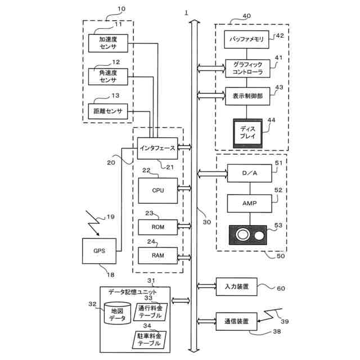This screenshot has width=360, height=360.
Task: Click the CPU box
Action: pos(158,191)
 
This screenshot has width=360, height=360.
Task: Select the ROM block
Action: pos(158,227)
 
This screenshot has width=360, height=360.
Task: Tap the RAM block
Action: pos(158,255)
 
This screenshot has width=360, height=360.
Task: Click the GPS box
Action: pos(99,251)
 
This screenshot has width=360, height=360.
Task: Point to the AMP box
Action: pos(250,204)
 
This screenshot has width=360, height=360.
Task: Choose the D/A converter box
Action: pos(250,173)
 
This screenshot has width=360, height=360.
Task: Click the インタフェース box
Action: pos(157,148)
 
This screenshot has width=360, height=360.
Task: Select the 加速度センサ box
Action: pos(108,43)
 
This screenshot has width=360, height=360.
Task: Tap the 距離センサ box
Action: pos(108,111)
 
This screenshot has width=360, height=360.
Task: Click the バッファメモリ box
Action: pos(246,39)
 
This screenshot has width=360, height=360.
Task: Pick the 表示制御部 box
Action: pos(247,96)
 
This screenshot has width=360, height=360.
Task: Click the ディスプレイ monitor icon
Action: pos(247,133)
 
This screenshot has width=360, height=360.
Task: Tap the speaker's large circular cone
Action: pos(242,235)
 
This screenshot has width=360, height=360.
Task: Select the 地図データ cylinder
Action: pos(118,313)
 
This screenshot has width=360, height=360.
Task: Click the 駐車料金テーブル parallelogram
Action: pos(150,340)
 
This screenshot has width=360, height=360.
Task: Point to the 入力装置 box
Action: pos(236,287)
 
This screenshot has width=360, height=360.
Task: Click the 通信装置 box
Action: pos(236,321)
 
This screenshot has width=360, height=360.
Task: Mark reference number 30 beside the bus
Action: pos(207,222)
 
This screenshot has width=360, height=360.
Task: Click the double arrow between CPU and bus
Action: pos(184,188)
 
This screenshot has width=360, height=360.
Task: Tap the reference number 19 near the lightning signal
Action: pos(111,217)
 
